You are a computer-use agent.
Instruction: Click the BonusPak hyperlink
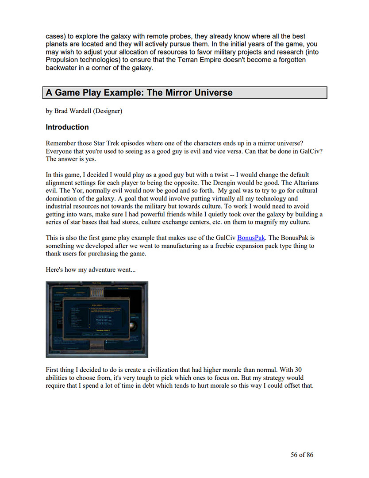251,238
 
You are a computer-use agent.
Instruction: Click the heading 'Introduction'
67,127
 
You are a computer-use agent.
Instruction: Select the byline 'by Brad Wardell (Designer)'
84,111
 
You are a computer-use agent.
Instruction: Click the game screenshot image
96,319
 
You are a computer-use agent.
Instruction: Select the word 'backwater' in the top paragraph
62,68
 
